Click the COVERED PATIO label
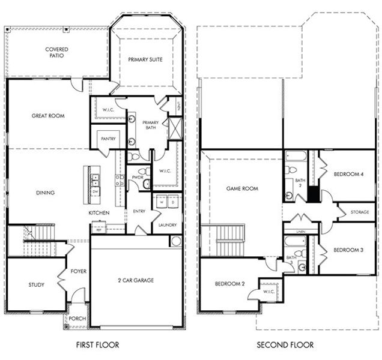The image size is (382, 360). pyautogui.click(x=56, y=52)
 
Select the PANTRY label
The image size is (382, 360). pyautogui.click(x=108, y=138)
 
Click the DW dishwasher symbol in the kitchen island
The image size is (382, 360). pyautogui.click(x=95, y=191)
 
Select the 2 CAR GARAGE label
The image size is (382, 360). pyautogui.click(x=136, y=280)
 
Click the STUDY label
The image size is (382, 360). pyautogui.click(x=36, y=285)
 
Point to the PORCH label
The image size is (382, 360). pyautogui.click(x=76, y=319)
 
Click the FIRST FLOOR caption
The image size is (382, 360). pyautogui.click(x=98, y=345)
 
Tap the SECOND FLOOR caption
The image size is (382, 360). pyautogui.click(x=285, y=345)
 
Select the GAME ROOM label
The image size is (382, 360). pyautogui.click(x=242, y=188)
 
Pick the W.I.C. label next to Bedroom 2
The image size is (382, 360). pyautogui.click(x=269, y=292)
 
